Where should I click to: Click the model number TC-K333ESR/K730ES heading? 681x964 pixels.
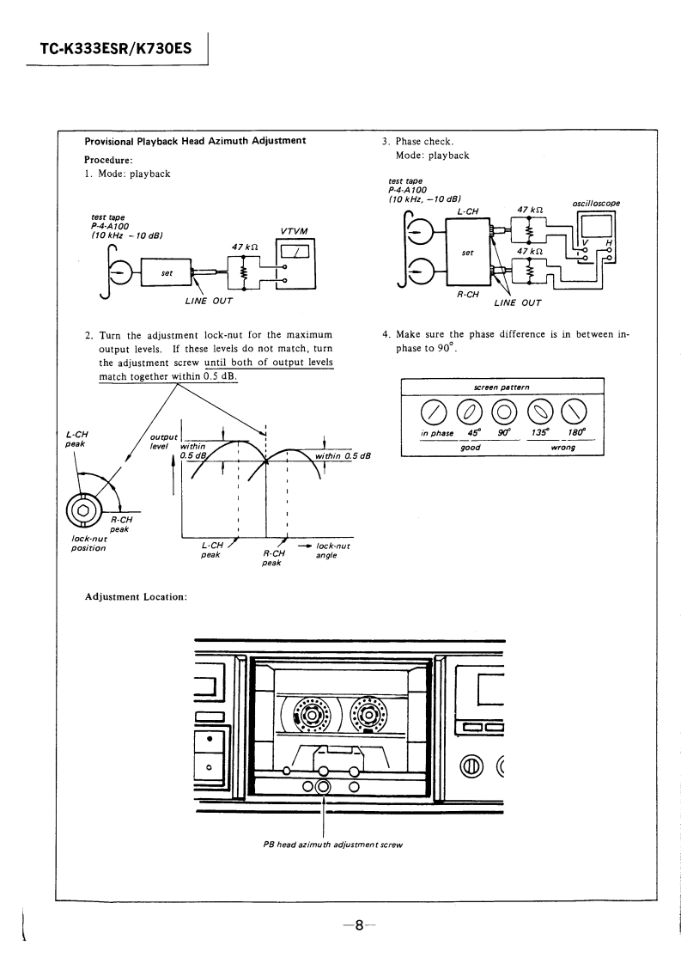[116, 48]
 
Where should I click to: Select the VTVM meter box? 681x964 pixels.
[295, 264]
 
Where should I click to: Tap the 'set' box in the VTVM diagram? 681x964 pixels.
[167, 272]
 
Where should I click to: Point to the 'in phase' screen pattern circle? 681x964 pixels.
[434, 412]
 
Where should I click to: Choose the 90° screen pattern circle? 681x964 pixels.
[503, 412]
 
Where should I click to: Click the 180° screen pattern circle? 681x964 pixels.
[575, 412]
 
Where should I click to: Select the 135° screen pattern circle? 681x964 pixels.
[539, 412]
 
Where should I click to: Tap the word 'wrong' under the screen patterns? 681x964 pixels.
[563, 448]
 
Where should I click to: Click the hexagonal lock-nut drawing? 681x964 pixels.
[83, 509]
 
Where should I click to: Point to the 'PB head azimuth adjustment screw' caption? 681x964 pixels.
[332, 845]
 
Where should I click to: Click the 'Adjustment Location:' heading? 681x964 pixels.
[136, 597]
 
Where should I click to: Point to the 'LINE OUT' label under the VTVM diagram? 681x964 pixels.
[209, 302]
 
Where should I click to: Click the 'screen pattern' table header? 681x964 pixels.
[502, 387]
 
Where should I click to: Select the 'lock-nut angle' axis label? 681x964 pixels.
[332, 550]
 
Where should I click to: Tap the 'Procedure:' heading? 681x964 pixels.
[109, 160]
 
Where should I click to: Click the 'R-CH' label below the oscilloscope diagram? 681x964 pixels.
[468, 295]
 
